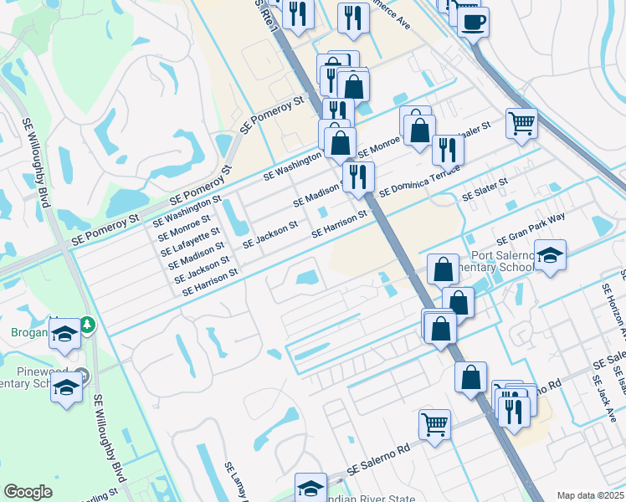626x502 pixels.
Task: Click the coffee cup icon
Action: coord(473,22)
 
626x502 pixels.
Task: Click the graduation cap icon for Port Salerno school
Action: coord(550,256)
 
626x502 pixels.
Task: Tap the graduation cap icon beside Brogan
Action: coord(63,335)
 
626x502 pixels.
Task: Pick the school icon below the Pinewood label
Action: coord(66,389)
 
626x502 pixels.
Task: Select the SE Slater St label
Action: coord(485,189)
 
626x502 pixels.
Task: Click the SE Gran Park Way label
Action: coord(531,228)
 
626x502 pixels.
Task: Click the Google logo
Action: coord(28,492)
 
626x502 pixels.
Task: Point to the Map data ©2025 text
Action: coord(590,495)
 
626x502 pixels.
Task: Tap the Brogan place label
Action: coord(24,331)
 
